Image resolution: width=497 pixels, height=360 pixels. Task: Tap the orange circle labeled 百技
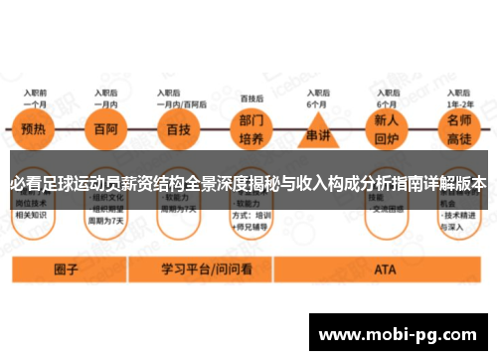179,130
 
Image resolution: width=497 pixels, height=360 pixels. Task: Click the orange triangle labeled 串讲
317,135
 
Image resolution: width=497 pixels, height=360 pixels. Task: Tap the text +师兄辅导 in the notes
250,225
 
